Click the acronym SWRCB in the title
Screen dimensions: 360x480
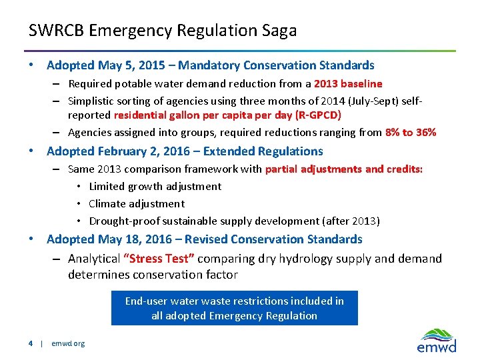tap(56, 31)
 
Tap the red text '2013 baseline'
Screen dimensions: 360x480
tap(348, 84)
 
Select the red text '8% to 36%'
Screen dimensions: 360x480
tap(411, 133)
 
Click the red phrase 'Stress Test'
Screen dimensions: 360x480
tap(158, 259)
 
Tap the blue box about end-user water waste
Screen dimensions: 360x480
tap(234, 308)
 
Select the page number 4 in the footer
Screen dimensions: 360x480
tap(31, 343)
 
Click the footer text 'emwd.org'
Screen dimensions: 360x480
tap(69, 343)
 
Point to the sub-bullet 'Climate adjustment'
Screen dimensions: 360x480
tap(137, 204)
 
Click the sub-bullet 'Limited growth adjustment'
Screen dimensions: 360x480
tap(155, 187)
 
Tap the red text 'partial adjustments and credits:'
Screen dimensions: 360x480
tap(344, 169)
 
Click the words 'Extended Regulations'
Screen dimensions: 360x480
tap(273, 151)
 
